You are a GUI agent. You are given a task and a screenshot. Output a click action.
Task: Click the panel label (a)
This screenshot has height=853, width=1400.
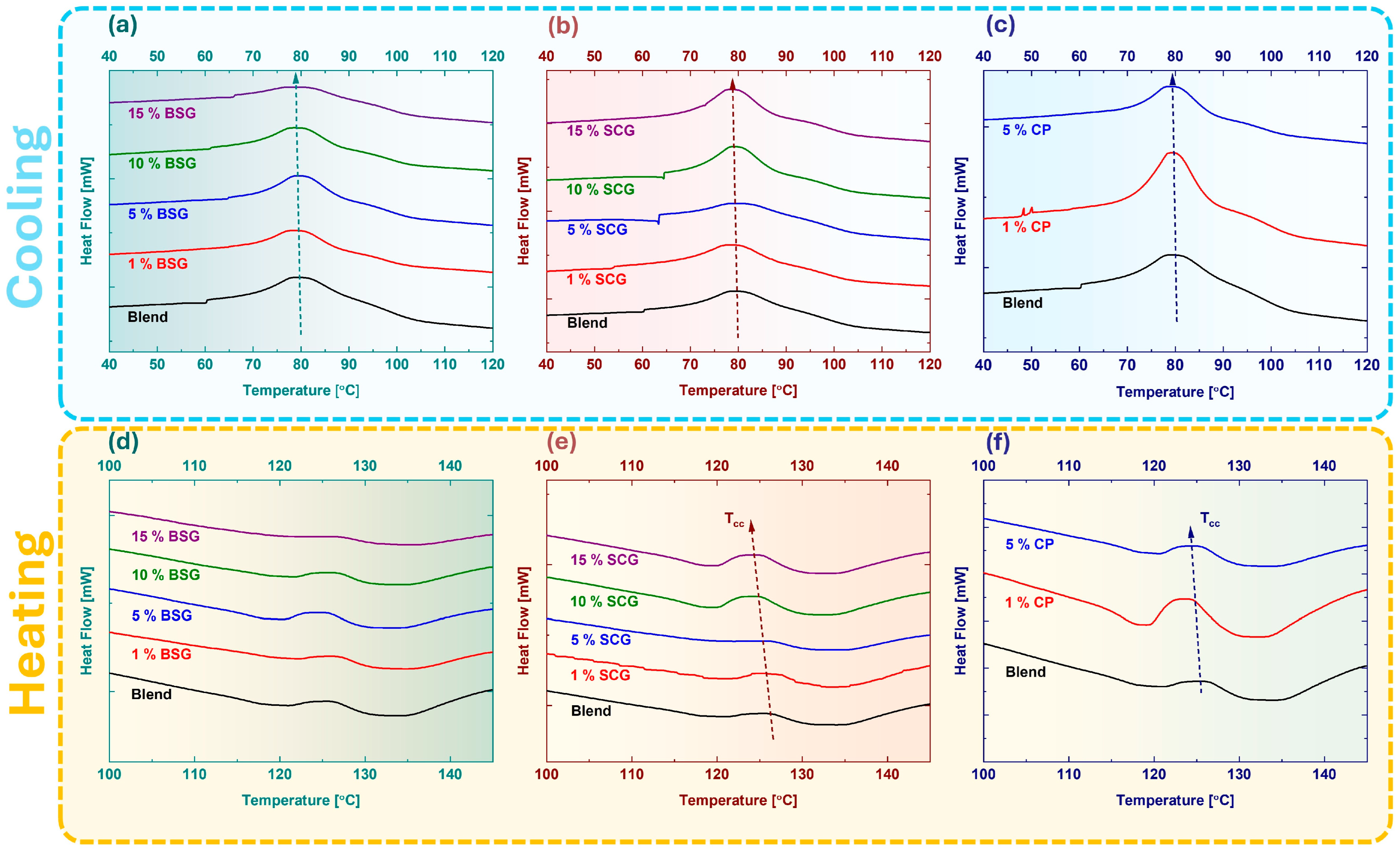(x=123, y=26)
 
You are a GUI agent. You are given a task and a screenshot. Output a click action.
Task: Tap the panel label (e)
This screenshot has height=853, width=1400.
(x=562, y=442)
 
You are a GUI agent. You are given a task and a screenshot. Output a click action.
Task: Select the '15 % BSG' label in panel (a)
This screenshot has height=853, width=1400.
(x=162, y=113)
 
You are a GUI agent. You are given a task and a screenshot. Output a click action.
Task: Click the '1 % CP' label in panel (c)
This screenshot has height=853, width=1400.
(x=1026, y=227)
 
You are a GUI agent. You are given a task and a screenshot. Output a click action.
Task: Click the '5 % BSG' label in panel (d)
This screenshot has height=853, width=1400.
(x=162, y=616)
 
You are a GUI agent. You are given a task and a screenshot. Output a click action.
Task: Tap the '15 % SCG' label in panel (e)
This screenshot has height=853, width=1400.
(x=604, y=560)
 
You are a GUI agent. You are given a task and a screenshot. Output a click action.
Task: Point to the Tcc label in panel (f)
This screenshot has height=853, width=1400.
(x=1210, y=520)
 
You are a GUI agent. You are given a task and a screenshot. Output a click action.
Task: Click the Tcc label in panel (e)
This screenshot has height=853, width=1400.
(x=734, y=520)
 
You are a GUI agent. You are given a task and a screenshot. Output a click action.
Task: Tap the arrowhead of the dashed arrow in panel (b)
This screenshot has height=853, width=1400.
(x=732, y=85)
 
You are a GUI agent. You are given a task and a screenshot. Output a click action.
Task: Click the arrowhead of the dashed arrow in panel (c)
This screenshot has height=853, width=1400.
(x=1172, y=78)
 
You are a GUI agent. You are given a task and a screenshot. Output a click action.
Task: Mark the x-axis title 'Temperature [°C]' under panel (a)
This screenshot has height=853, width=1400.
(x=301, y=390)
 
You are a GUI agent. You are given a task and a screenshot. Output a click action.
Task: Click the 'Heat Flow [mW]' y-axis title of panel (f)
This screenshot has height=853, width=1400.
(x=960, y=621)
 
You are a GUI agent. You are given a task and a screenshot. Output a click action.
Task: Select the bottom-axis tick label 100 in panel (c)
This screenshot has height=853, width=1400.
(x=1271, y=365)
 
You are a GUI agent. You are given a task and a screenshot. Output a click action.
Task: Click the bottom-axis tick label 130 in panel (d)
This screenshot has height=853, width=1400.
(x=365, y=774)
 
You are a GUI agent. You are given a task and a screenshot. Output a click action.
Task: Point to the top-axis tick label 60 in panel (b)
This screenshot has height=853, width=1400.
(x=642, y=56)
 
